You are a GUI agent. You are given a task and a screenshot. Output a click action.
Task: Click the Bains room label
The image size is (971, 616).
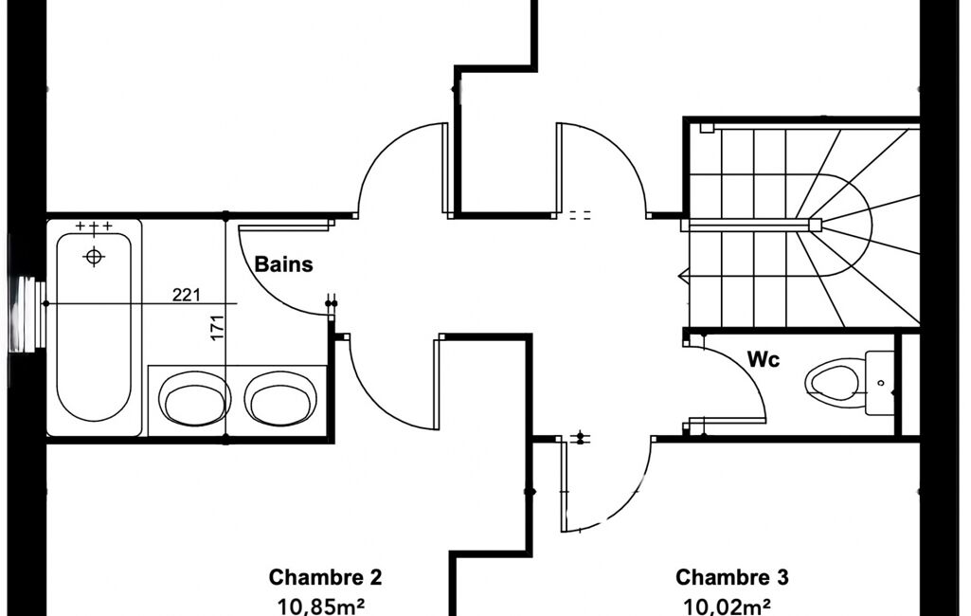283,264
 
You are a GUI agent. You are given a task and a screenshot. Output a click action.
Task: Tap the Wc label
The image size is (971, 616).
764,359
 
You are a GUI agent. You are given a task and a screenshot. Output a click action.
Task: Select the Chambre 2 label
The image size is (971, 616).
325,577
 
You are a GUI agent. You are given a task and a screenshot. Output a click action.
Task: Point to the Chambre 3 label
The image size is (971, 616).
732,577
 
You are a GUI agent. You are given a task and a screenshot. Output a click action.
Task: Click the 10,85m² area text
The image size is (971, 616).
320,606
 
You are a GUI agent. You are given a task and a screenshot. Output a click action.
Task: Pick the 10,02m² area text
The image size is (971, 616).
727,606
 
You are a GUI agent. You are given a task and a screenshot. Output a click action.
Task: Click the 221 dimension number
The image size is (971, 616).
187,295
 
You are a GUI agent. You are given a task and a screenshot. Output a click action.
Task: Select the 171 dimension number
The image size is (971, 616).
217,328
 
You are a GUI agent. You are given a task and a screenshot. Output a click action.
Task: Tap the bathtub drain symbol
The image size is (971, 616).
94,255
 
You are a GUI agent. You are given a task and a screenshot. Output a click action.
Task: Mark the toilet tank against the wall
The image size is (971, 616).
879,382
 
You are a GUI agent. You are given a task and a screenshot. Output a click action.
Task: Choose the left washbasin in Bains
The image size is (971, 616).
194,398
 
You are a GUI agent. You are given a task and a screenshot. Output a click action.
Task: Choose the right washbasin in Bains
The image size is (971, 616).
281,398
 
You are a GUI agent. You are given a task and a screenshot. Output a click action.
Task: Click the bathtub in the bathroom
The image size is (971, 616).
94,327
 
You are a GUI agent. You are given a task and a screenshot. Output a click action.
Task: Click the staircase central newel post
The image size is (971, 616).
815,225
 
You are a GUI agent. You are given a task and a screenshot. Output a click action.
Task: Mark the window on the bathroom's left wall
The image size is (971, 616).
28,315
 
